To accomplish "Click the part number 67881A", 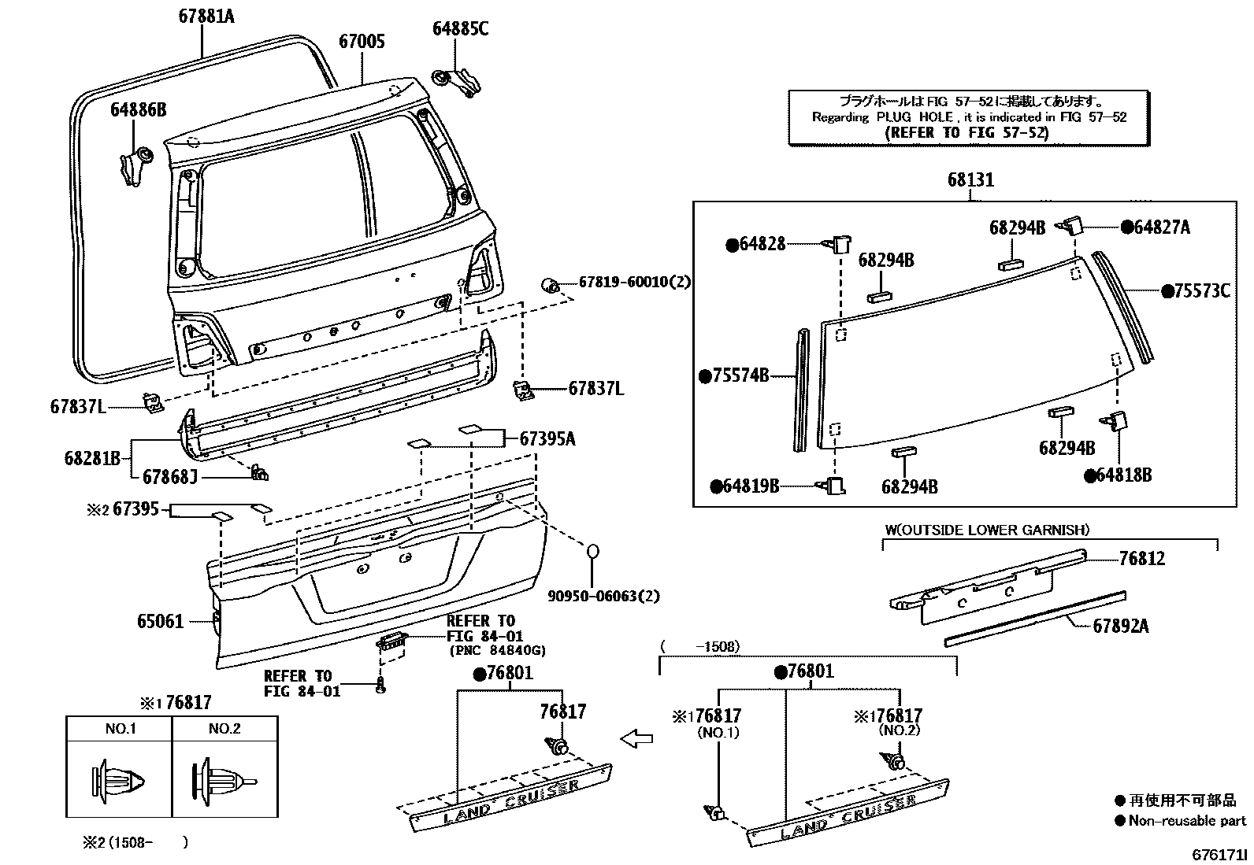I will [x=206, y=15].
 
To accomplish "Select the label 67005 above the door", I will [x=362, y=42].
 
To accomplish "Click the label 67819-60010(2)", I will [x=634, y=282].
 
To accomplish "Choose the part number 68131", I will [x=970, y=180].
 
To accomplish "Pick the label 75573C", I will [x=1200, y=291].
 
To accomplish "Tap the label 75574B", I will [x=740, y=375].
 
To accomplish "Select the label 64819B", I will [x=751, y=486].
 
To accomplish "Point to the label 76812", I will [x=1141, y=559].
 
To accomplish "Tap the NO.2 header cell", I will [x=224, y=728].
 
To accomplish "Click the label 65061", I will [x=160, y=622].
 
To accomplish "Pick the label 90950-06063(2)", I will [x=604, y=596].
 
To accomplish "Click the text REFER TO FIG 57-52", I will [x=968, y=133].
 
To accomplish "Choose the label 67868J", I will [x=169, y=476].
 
